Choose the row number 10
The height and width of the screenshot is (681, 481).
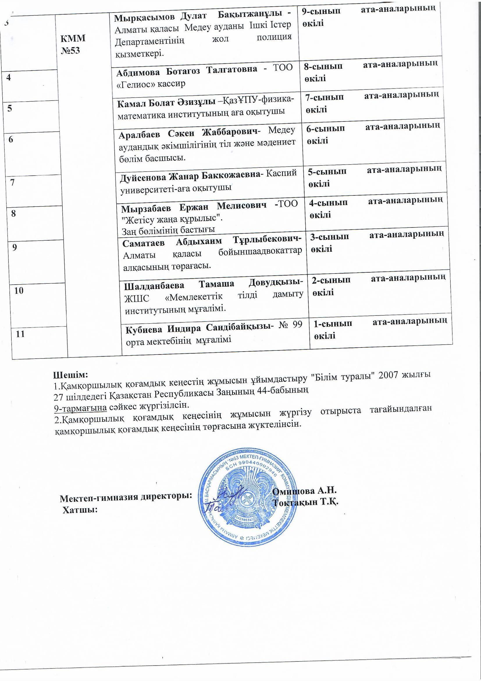19,290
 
